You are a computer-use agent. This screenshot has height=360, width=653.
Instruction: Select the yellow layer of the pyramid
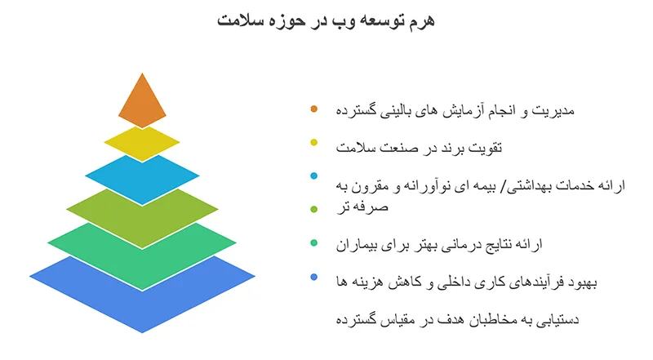click(142, 143)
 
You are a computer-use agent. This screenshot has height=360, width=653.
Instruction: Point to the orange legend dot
click(314, 109)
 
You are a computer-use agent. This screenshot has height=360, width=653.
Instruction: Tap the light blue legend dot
click(314, 176)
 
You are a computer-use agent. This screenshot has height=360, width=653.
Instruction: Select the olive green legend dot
click(314, 210)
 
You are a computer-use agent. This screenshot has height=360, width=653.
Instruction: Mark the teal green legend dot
click(314, 243)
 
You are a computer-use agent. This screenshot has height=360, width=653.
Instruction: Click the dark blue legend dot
click(314, 278)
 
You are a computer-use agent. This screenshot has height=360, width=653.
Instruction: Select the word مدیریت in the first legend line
click(558, 109)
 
